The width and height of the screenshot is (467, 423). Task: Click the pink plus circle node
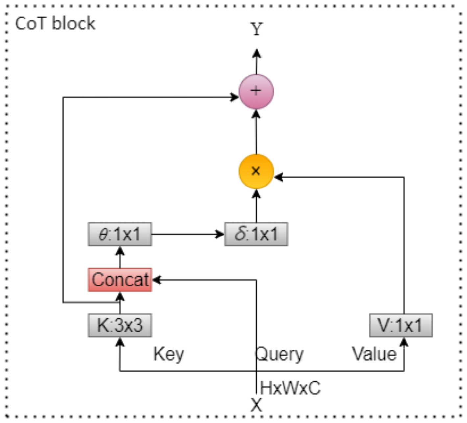(x=256, y=91)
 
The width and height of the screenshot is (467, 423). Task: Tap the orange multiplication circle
(x=256, y=171)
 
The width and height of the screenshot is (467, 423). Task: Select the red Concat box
(x=120, y=280)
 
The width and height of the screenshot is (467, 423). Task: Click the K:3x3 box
(x=120, y=326)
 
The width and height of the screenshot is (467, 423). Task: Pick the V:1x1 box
(x=401, y=326)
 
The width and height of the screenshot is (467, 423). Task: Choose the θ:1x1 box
(x=120, y=234)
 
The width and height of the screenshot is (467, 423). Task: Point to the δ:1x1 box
(x=256, y=234)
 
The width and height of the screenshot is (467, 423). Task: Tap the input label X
(x=256, y=405)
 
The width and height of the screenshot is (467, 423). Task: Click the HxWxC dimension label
(x=290, y=388)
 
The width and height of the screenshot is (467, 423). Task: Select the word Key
(x=169, y=354)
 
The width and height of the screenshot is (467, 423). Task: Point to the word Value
(x=374, y=354)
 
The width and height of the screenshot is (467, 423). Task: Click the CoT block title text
(x=55, y=24)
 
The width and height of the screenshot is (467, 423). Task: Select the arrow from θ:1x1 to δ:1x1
(x=187, y=234)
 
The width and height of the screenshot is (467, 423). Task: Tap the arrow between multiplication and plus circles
(x=256, y=132)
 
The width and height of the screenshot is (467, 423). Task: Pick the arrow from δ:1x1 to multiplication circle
(x=256, y=206)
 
